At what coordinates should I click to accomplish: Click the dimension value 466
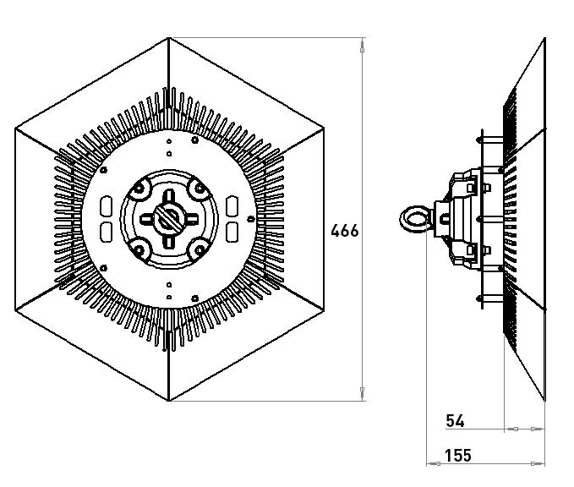pos(344,230)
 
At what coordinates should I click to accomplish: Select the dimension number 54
pos(454,420)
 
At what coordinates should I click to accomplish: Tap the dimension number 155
pos(457,456)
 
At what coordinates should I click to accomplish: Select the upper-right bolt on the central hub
pos(197,188)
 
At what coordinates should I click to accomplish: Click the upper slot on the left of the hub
pos(107,206)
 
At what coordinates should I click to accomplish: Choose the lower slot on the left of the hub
pos(107,232)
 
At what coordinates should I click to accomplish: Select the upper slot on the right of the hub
pos(232,206)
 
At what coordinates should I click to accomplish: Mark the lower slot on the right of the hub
pos(232,232)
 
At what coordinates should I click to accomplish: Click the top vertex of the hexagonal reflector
pos(169,38)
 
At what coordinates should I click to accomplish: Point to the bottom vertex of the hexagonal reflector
pos(169,400)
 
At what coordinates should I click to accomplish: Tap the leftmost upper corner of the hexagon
pos(15,129)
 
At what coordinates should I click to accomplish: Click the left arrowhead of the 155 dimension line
pos(433,463)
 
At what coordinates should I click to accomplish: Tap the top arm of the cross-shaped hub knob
pos(168,196)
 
